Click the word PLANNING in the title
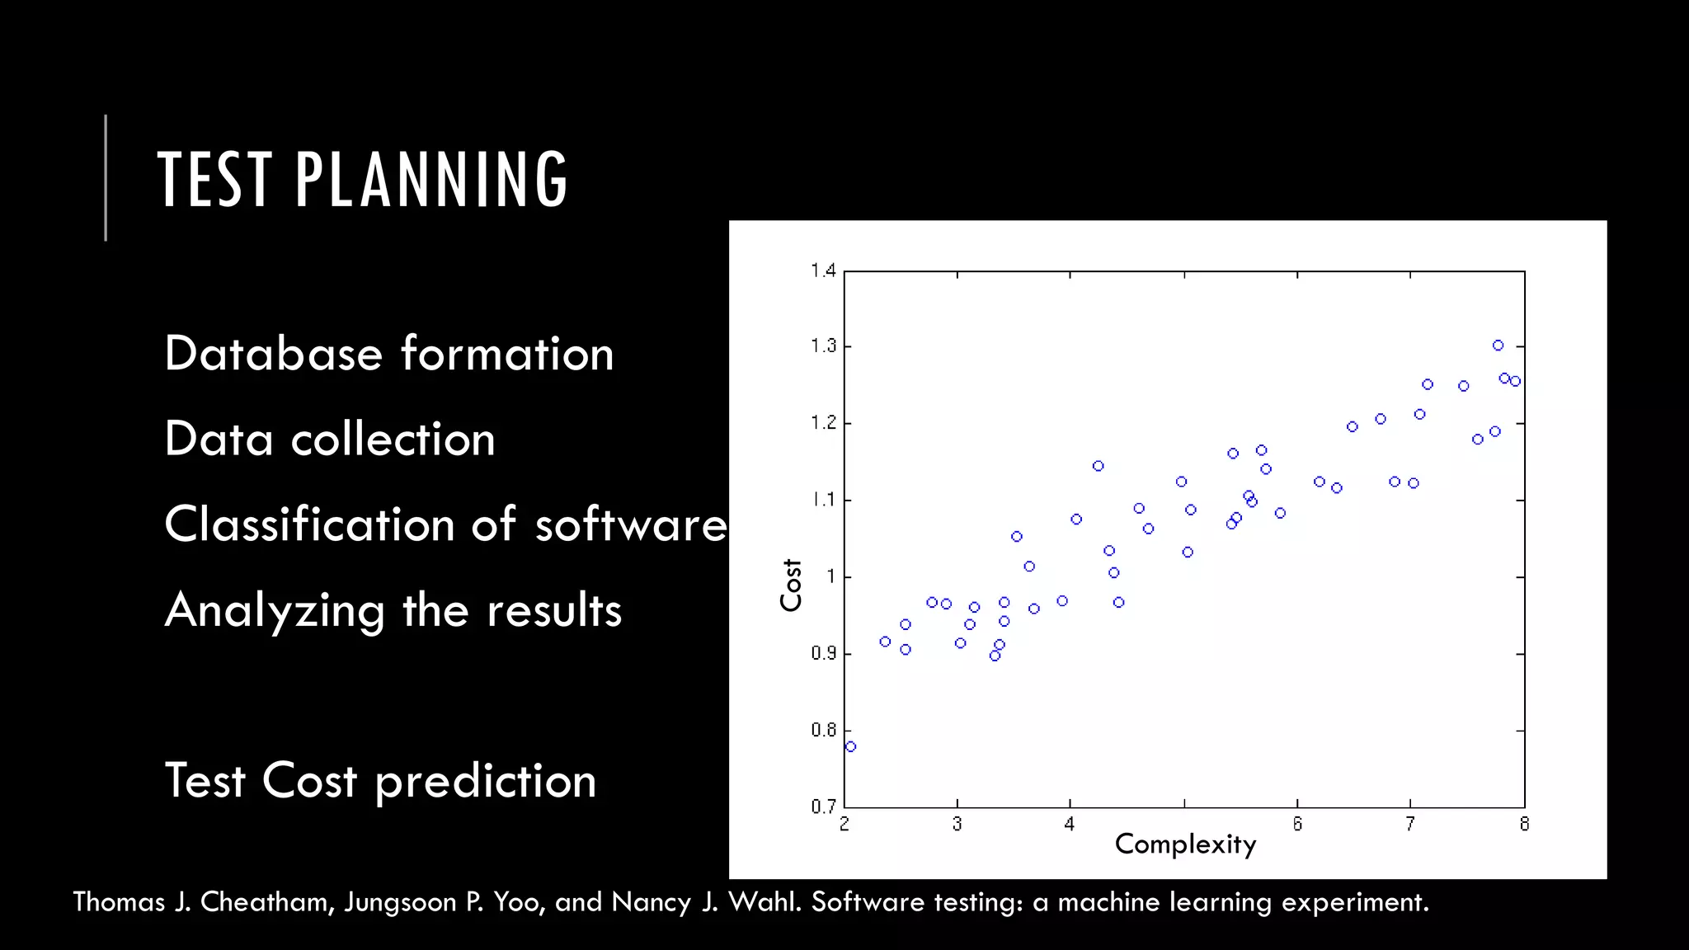[x=431, y=180]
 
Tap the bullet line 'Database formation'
[x=388, y=355]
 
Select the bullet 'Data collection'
[x=329, y=440]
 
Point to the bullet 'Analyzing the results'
[x=393, y=611]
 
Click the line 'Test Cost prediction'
[x=380, y=781]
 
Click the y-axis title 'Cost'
[x=790, y=585]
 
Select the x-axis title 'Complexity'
[x=1185, y=844]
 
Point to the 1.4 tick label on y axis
[x=823, y=270]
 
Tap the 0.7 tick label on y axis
[x=823, y=807]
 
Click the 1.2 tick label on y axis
[x=823, y=423]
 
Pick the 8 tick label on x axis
[x=1524, y=824]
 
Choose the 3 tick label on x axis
[x=957, y=824]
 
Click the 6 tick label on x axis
[x=1297, y=824]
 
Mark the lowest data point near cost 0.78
[x=850, y=746]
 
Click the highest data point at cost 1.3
[x=1498, y=346]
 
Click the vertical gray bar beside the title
[x=106, y=177]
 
